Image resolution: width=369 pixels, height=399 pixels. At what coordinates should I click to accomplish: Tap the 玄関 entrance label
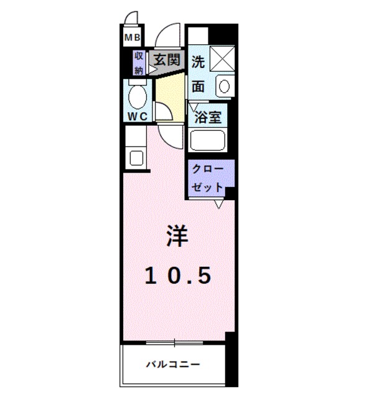coord(167,60)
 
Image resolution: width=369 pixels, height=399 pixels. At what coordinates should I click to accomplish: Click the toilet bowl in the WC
coord(138,97)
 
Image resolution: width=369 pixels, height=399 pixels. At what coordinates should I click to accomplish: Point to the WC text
coord(138,117)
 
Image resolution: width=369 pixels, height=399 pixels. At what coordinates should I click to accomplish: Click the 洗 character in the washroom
coord(199,62)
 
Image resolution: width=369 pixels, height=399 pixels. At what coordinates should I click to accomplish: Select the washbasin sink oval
coord(224,86)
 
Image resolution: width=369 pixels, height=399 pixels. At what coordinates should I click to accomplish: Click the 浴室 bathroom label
coord(207,117)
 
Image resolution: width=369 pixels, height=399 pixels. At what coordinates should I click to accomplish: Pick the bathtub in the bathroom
coord(208,141)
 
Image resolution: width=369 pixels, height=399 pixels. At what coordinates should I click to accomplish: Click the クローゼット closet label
coord(208,178)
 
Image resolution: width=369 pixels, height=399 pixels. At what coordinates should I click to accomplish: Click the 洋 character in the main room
coord(177,236)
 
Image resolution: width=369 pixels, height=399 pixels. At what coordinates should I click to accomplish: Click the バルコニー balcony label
coord(174,363)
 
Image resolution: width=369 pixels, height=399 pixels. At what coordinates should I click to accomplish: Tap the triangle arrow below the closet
coord(219,204)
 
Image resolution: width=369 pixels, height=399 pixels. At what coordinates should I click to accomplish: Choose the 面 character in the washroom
coord(199,86)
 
